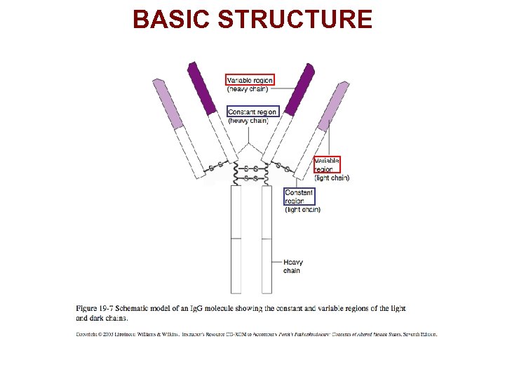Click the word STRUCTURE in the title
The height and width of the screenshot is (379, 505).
[x=295, y=19]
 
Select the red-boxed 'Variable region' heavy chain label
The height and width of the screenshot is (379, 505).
[x=250, y=80]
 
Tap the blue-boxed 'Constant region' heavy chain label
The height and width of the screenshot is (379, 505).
[x=252, y=112]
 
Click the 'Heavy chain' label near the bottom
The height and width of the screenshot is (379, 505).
[x=293, y=267]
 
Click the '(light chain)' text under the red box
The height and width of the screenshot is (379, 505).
[x=332, y=178]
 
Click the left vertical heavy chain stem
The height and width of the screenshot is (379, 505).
[x=236, y=239]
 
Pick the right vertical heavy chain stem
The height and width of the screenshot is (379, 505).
[x=267, y=239]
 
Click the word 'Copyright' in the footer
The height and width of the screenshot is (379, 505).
[x=87, y=334]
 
